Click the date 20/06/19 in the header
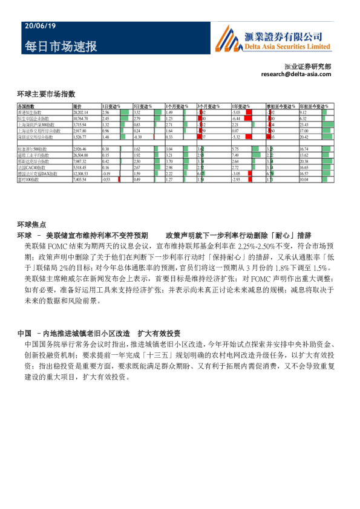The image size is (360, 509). (40, 27)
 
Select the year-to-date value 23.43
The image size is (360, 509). (304, 125)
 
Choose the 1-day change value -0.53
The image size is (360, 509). (106, 180)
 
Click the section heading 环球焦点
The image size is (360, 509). (30, 224)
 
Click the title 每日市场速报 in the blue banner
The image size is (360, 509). (61, 47)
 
